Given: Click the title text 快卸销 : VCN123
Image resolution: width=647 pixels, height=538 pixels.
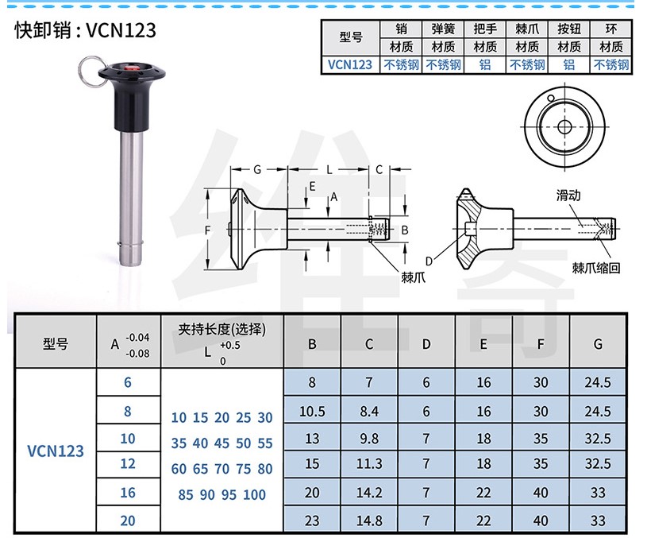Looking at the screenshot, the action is coord(86,30).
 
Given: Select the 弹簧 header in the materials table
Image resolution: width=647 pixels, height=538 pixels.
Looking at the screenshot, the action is coord(443,29).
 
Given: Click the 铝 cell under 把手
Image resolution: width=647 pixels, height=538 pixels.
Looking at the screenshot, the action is coord(485,64).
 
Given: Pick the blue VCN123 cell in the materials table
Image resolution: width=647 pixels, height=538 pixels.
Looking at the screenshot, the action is coord(350,64).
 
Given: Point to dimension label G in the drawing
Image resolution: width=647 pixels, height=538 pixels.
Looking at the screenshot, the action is coord(257,169).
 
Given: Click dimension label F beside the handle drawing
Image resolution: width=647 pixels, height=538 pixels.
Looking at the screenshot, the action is coord(207,230).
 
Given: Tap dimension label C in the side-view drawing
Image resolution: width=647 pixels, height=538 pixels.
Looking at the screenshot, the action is coord(379,169).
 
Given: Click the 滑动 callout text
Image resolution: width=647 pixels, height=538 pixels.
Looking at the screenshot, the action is coord(568,195).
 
